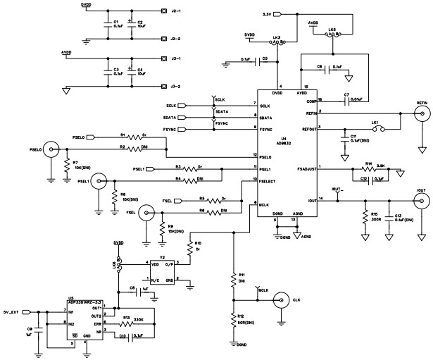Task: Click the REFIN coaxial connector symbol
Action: coord(421,113)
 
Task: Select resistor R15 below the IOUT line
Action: coord(365,218)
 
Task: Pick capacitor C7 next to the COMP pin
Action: coord(346,101)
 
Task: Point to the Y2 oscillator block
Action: coord(164,271)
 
